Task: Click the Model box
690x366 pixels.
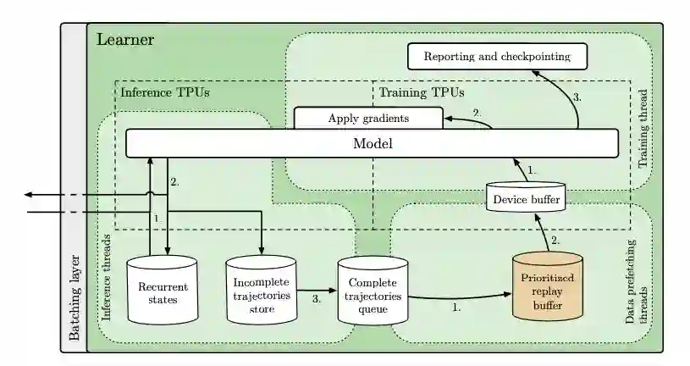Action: [373, 143]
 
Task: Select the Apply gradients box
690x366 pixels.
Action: [368, 119]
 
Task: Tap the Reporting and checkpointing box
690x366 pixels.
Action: [497, 57]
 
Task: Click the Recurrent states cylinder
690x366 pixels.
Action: [162, 291]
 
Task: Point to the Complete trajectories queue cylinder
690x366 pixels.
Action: [373, 291]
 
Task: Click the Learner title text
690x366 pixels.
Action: [124, 40]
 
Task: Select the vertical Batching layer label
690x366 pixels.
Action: [75, 296]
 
